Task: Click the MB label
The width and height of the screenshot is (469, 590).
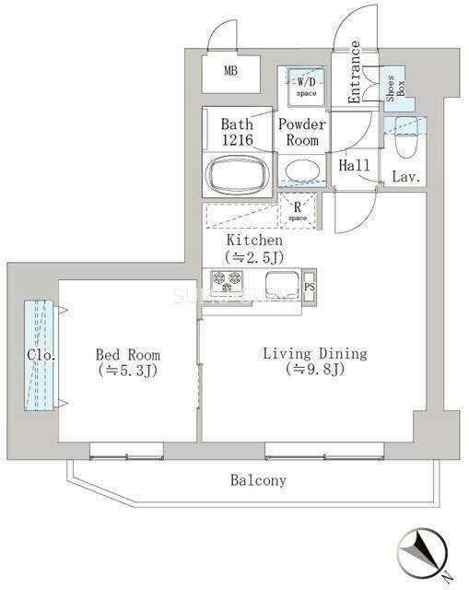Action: coord(230,70)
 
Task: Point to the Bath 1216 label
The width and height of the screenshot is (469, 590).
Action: coord(237,133)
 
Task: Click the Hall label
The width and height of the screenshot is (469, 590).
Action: coord(354,166)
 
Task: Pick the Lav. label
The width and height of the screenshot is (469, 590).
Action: coord(406,176)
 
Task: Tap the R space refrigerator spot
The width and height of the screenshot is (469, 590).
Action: coord(298,211)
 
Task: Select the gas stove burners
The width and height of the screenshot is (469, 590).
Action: coord(227,281)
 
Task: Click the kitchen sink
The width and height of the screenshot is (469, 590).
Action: coord(280,282)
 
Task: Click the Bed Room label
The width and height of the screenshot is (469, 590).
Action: coord(128,362)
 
